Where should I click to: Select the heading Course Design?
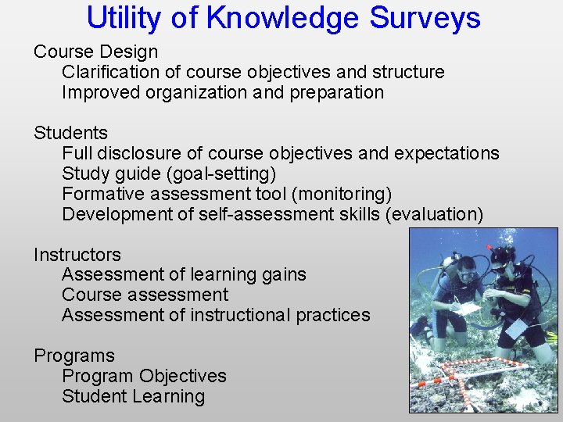95,52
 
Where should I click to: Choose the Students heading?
70,134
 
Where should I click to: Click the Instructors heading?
77,255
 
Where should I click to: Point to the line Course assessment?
145,295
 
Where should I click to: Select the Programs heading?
74,356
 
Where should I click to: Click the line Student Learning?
133,397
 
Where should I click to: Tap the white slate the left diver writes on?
468,309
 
